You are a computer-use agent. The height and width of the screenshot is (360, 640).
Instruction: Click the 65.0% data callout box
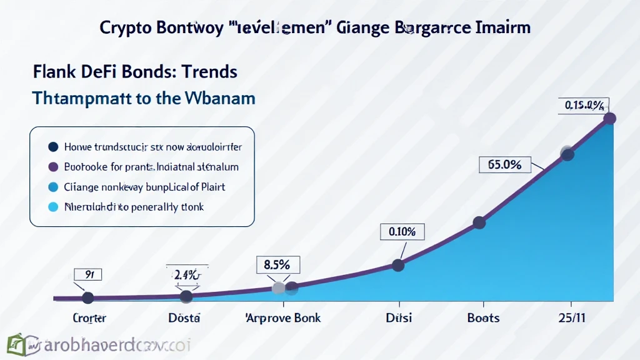(504, 165)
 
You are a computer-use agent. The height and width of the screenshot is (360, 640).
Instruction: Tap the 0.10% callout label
(402, 232)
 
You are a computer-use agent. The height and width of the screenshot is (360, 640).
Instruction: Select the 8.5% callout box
(278, 264)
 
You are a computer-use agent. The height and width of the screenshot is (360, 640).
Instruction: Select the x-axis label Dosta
(184, 317)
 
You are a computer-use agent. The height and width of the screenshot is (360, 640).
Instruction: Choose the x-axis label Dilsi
(399, 317)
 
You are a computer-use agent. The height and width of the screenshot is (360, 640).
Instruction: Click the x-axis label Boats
(483, 317)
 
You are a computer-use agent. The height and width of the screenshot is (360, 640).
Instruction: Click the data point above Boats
(479, 222)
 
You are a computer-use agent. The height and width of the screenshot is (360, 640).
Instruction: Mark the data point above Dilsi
(397, 265)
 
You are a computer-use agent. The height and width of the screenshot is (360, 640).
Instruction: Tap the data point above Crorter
(87, 297)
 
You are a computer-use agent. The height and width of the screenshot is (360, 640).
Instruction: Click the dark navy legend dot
(52, 147)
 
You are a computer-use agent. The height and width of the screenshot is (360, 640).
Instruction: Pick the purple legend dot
(52, 167)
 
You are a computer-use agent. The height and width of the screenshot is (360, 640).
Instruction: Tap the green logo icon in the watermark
(17, 345)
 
